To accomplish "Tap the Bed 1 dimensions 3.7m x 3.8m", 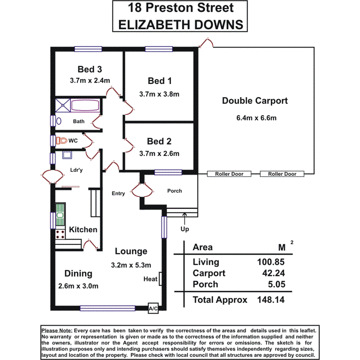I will pyautogui.click(x=159, y=94).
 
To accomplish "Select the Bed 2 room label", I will pyautogui.click(x=159, y=141).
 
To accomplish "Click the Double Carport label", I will pyautogui.click(x=255, y=101).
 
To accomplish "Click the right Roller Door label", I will pyautogui.click(x=282, y=174).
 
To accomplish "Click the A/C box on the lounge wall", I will pyautogui.click(x=153, y=308).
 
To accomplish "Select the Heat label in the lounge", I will pyautogui.click(x=151, y=279).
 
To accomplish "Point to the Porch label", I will pyautogui.click(x=174, y=191).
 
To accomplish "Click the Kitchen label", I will pyautogui.click(x=83, y=229).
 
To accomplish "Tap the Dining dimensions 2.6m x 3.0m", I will pyautogui.click(x=78, y=286).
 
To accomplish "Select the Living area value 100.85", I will pyautogui.click(x=271, y=262).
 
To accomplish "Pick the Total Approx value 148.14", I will pyautogui.click(x=271, y=299).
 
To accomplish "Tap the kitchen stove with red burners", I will pyautogui.click(x=60, y=233).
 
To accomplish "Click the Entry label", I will pyautogui.click(x=118, y=194).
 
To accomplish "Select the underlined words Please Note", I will pyautogui.click(x=57, y=331).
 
